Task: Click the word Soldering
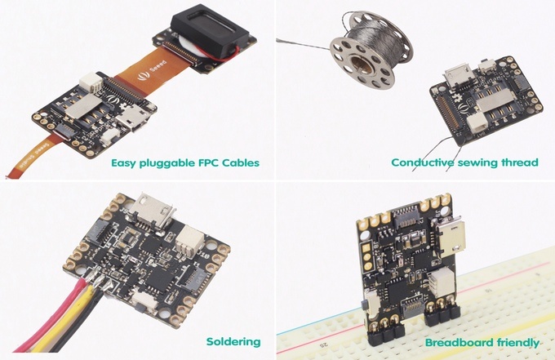pyautogui.click(x=233, y=341)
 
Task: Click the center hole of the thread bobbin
pyautogui.click(x=360, y=64)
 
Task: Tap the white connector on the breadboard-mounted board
pyautogui.click(x=442, y=282)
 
